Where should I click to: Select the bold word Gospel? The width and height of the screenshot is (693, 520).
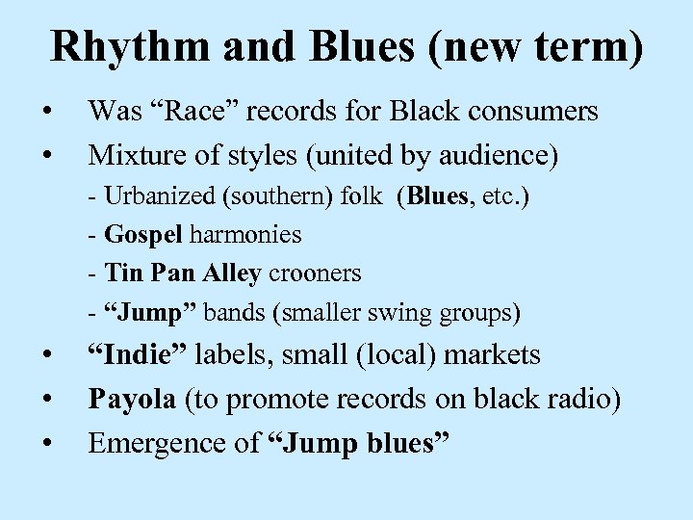tap(141, 235)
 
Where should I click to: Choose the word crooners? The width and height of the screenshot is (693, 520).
tap(315, 273)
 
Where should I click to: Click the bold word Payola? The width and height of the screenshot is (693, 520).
tap(129, 399)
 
